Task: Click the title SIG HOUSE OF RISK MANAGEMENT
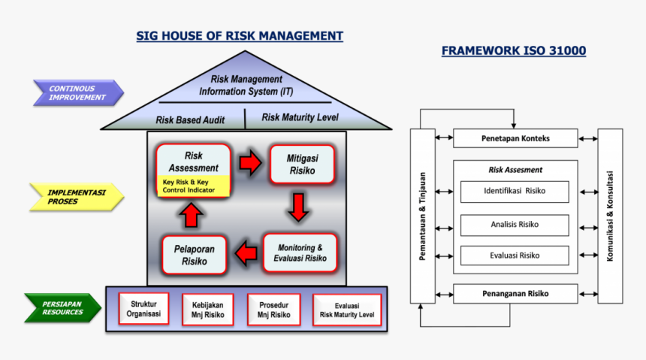pos(240,36)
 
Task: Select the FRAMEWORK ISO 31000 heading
pos(514,51)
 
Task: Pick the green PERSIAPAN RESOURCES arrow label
pos(63,307)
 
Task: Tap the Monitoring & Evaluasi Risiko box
pos(300,253)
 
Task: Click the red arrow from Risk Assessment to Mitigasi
pos(249,162)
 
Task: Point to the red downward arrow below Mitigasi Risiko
pos(298,207)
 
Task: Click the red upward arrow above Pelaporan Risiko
pos(192,216)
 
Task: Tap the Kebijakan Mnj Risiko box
pos(208,310)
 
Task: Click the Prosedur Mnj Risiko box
pos(273,310)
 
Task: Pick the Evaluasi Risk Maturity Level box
pos(346,310)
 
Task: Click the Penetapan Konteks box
pos(515,138)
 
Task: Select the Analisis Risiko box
pos(515,224)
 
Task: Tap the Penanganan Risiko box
pos(515,293)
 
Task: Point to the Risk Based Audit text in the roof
pos(190,119)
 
